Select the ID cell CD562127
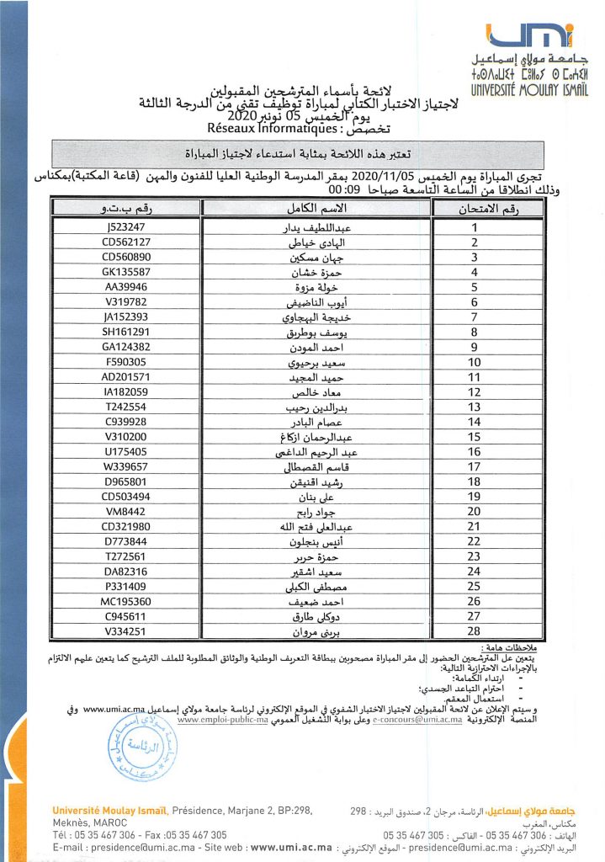tap(126, 242)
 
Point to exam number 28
tap(475, 631)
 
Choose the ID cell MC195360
tap(126, 601)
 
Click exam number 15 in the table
tap(475, 436)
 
